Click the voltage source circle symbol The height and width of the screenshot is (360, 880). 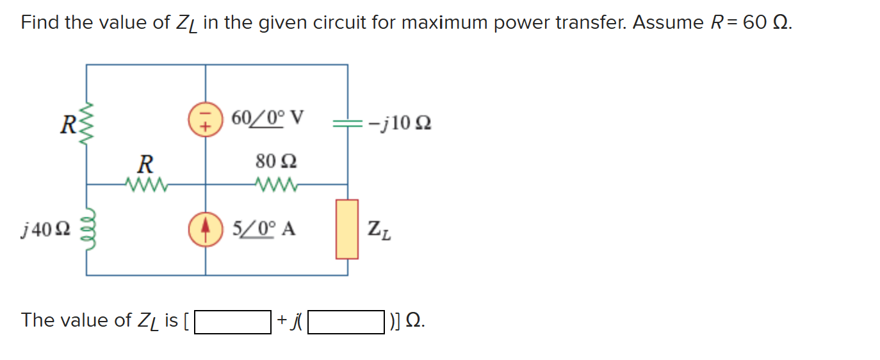(205, 120)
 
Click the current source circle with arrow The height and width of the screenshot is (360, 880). (205, 229)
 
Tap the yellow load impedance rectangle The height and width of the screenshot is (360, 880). (347, 229)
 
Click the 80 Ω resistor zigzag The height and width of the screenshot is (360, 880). (275, 184)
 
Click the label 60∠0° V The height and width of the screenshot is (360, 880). (267, 119)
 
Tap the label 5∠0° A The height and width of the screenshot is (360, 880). (263, 229)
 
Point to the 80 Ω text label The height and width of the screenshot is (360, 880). (276, 161)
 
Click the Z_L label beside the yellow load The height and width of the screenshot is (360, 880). (379, 229)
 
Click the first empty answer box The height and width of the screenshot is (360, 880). (232, 322)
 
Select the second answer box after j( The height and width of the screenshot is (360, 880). (346, 322)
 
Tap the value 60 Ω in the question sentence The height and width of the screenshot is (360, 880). (767, 22)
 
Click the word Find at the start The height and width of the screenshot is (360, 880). (40, 22)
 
